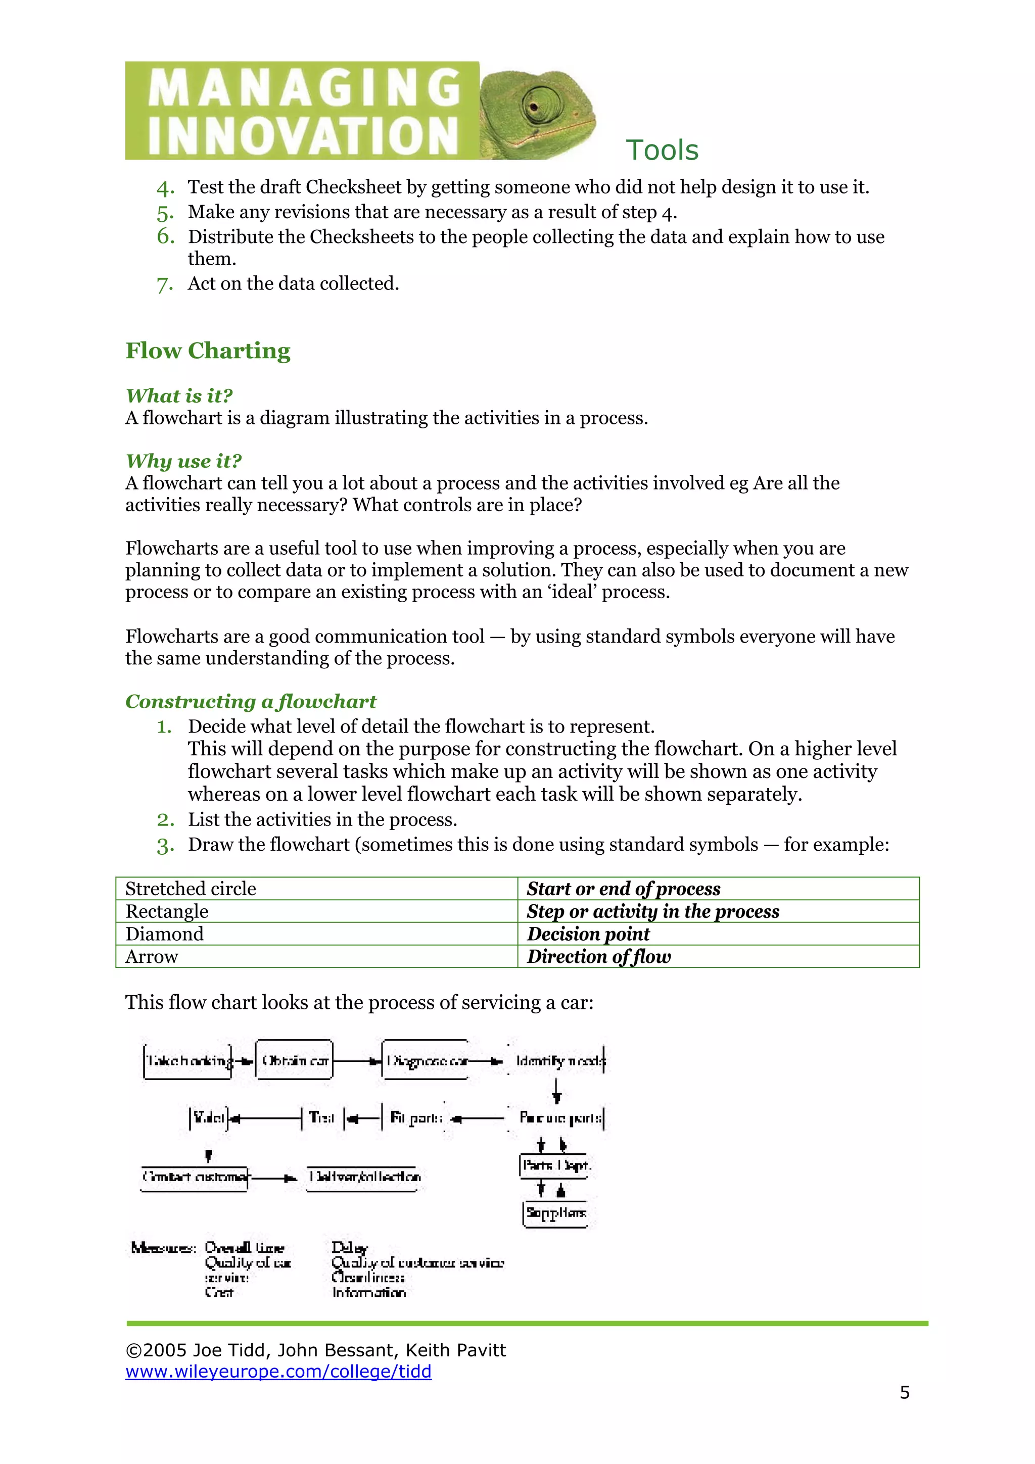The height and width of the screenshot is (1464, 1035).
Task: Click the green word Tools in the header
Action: coord(662,151)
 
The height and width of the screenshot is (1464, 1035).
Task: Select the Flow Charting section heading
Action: coord(207,351)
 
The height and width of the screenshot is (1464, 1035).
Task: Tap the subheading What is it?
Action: coord(179,396)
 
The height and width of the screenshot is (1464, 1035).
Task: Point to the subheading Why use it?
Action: coord(183,461)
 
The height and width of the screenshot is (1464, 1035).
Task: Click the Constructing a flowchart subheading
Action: coord(251,701)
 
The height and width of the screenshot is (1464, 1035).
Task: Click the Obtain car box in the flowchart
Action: coord(294,1061)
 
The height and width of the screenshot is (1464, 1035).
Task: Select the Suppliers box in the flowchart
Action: coord(555,1213)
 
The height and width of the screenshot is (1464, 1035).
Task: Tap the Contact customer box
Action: coord(195,1177)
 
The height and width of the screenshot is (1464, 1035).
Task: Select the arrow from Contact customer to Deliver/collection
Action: coord(274,1178)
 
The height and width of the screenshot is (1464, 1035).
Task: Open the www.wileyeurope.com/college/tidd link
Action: coord(278,1372)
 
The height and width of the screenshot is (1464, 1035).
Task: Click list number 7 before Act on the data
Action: coord(165,284)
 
